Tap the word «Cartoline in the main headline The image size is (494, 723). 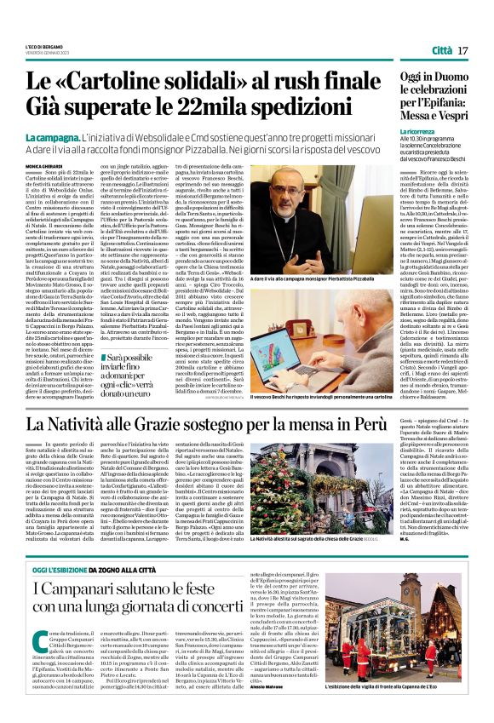(x=119, y=82)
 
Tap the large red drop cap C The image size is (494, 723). (x=41, y=646)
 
